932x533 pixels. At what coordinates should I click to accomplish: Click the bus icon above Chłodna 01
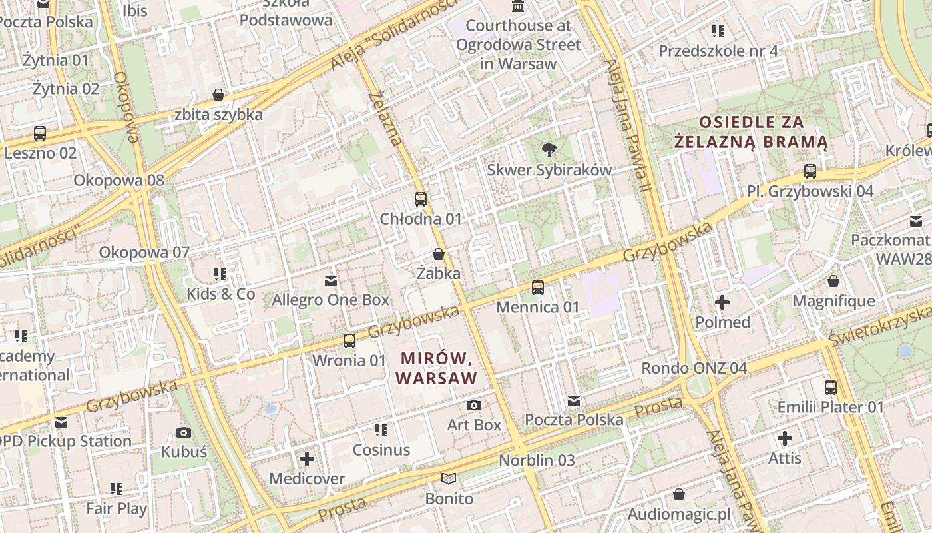pos(420,199)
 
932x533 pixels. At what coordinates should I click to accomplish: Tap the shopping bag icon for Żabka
pos(438,254)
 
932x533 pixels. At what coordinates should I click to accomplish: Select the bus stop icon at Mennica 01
pos(537,288)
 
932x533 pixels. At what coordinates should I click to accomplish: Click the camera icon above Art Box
pos(473,405)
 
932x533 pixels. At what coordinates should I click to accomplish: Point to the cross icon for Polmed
pos(722,303)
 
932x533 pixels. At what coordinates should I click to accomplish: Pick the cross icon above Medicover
pos(306,459)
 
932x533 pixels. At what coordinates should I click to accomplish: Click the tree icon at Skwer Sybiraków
pos(549,150)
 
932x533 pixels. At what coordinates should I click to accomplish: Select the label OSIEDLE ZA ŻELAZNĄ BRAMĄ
pos(751,132)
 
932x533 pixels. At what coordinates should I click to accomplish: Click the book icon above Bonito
pos(449,479)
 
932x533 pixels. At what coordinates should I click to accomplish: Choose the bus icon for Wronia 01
pos(349,341)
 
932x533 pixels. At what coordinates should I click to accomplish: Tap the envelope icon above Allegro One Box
pos(330,281)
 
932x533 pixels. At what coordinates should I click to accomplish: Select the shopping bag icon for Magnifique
pos(833,281)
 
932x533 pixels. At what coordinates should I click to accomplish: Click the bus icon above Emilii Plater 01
pos(830,387)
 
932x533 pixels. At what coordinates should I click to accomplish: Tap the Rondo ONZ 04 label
pos(694,368)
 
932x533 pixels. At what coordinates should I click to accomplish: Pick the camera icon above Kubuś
pos(184,432)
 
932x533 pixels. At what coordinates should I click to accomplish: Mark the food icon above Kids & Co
pos(220,274)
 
